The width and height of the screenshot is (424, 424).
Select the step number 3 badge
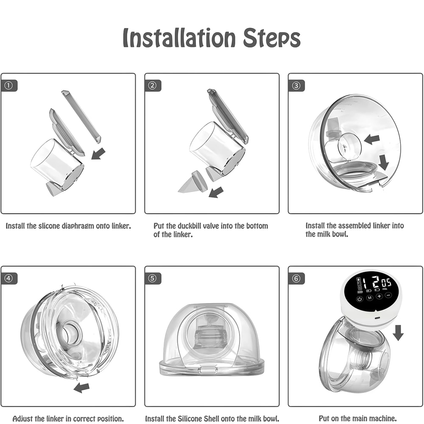[296, 86]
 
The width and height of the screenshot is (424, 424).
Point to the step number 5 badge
[153, 279]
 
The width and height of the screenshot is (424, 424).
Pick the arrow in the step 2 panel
[216, 192]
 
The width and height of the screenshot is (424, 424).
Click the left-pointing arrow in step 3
[371, 139]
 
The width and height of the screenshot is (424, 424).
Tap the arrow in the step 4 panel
[81, 387]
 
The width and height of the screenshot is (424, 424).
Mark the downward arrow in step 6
[398, 333]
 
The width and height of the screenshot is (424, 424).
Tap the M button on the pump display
[369, 298]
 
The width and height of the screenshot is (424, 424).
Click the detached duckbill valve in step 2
[193, 183]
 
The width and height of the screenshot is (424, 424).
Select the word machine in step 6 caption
[380, 418]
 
